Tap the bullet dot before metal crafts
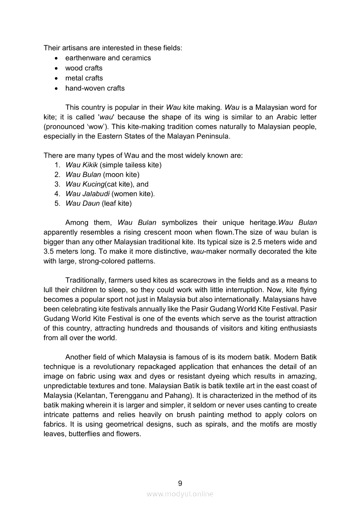tap(56, 78)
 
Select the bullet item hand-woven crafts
tap(95, 88)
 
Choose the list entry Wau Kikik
tap(82, 165)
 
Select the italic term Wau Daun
tap(82, 203)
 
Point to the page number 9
tap(180, 483)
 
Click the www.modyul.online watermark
tap(180, 494)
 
